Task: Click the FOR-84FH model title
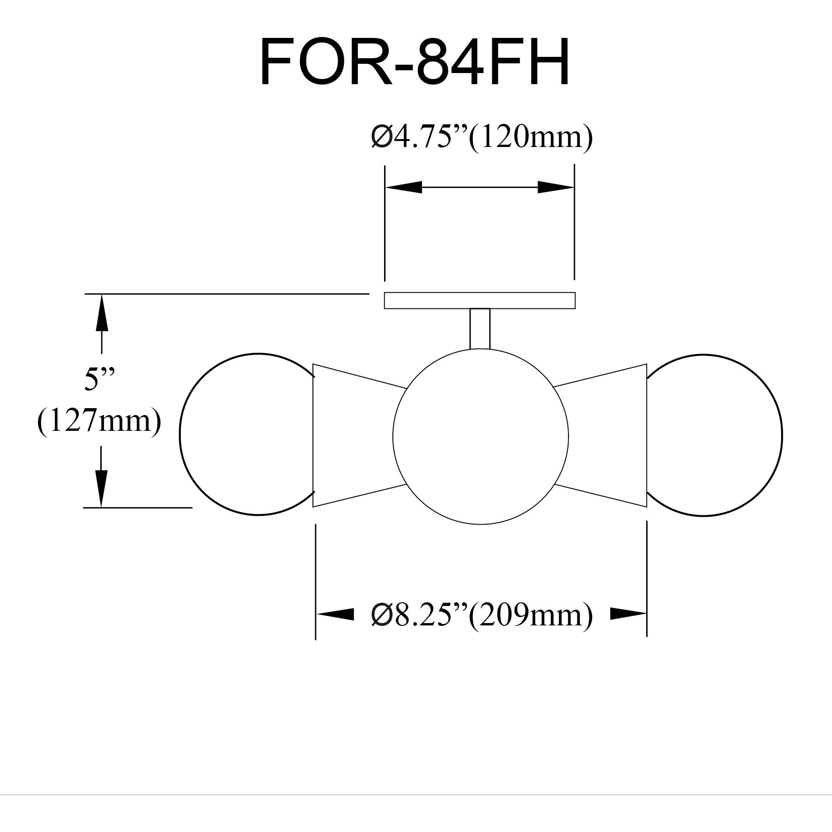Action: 415,62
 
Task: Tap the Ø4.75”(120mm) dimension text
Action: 481,137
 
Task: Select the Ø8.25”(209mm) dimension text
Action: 481,615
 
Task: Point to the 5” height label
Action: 99,380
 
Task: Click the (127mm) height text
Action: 99,422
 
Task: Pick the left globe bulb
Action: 245,434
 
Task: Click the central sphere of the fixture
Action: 481,437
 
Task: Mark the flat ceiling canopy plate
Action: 480,300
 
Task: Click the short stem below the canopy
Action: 480,329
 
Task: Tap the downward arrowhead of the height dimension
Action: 101,488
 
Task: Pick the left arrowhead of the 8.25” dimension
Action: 335,614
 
